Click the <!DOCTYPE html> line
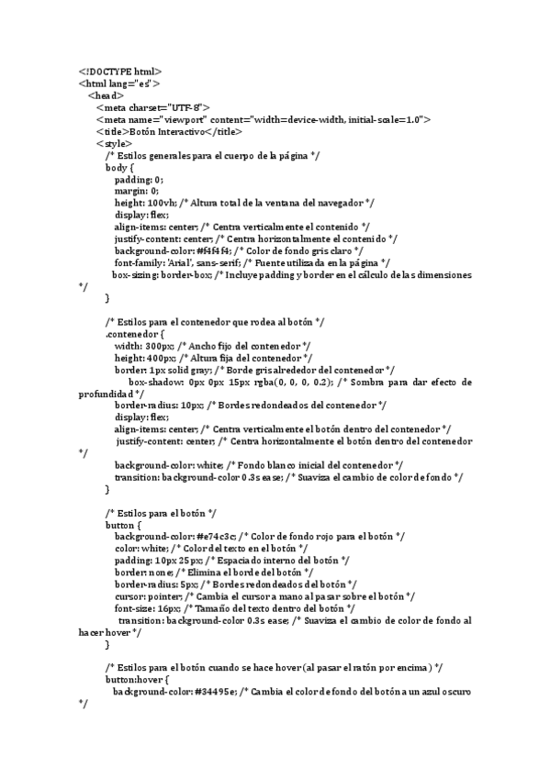click(120, 72)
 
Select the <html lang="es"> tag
click(120, 83)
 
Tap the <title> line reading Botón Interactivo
click(174, 131)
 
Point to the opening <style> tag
click(114, 143)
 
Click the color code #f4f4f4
click(213, 250)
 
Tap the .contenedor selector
click(134, 334)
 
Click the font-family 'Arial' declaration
click(173, 262)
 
